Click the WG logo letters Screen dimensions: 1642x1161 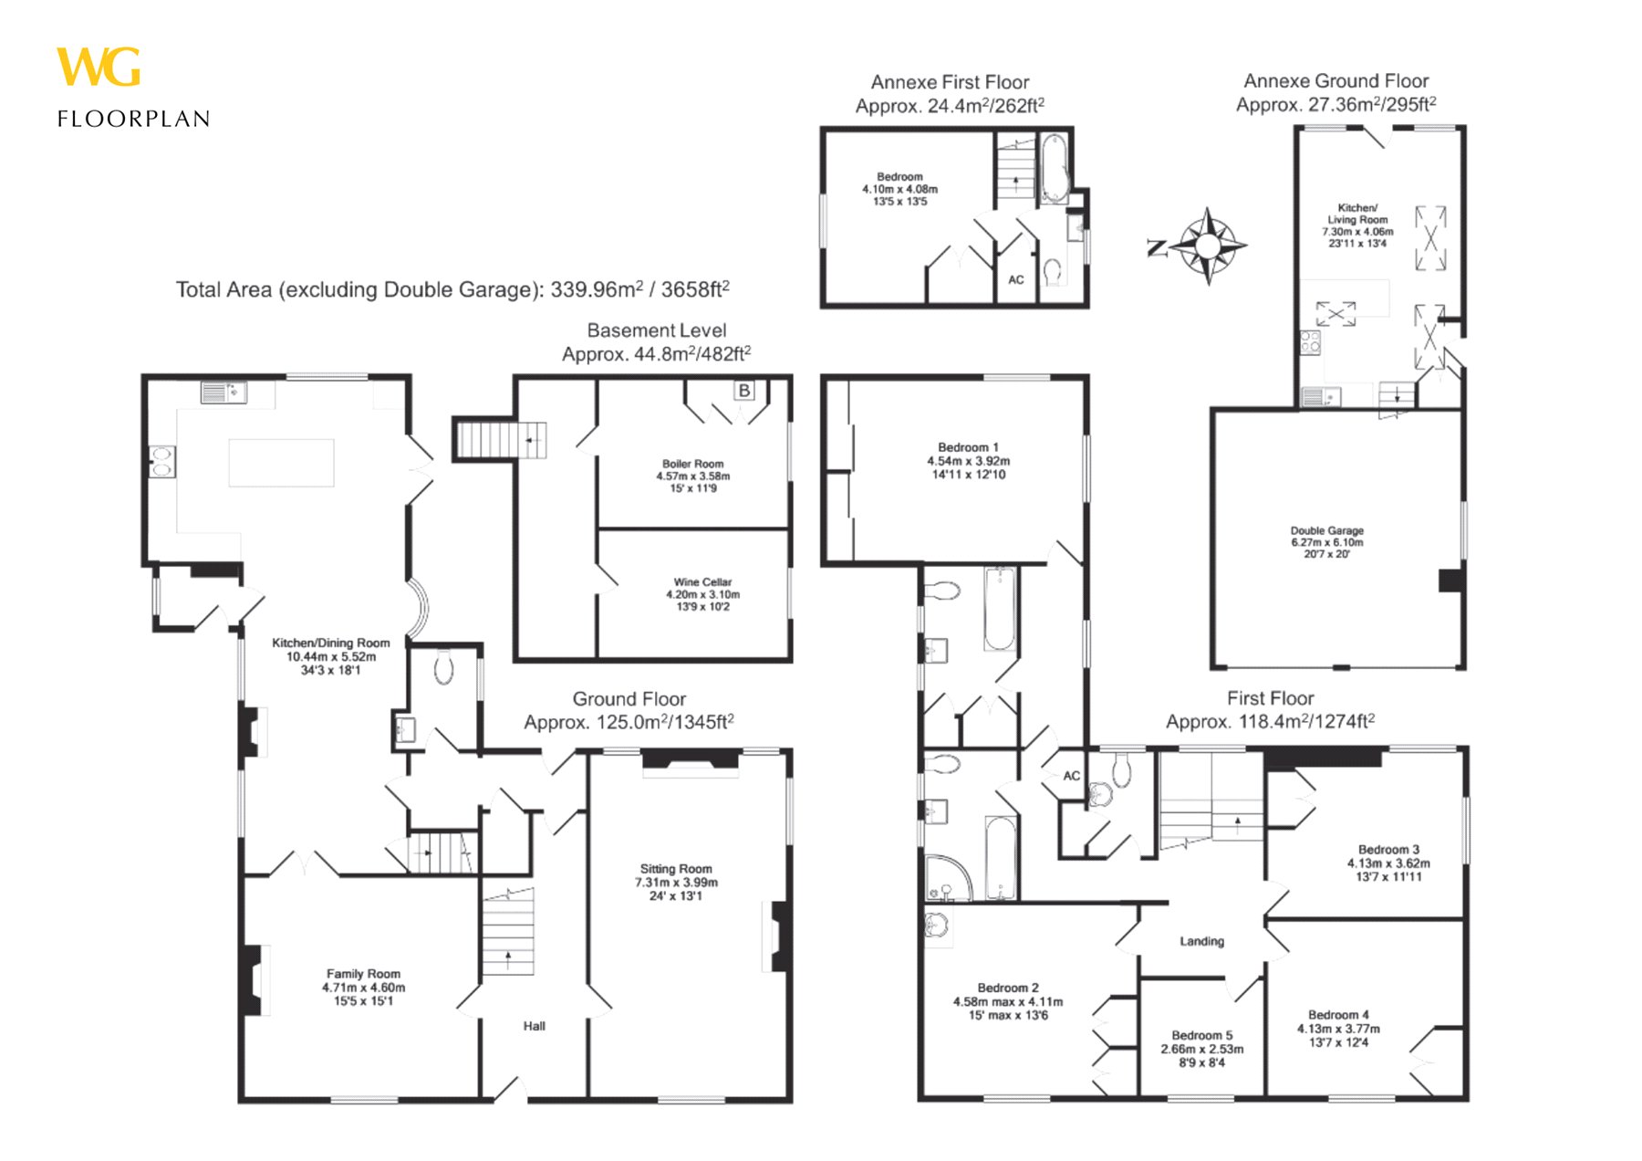click(99, 68)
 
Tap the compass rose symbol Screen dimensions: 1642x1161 click(1207, 246)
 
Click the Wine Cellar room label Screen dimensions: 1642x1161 click(702, 594)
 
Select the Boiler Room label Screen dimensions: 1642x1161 click(693, 476)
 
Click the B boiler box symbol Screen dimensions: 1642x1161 click(744, 391)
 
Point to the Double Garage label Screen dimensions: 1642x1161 click(1326, 542)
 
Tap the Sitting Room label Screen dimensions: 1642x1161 click(676, 882)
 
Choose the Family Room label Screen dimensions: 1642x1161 click(363, 987)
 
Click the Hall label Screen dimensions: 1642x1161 click(535, 1026)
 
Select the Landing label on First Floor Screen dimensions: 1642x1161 click(1201, 941)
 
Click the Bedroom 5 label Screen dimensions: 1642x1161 click(1201, 1049)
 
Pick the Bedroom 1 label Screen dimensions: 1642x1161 click(968, 461)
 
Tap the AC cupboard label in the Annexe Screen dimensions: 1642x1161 click(1016, 280)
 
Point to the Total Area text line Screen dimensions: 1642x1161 click(452, 289)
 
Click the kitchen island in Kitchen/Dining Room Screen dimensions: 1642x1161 click(281, 463)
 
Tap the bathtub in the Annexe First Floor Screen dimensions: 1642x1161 click(1054, 169)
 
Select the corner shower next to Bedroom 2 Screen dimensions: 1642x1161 click(949, 878)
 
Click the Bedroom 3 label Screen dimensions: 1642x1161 click(1388, 863)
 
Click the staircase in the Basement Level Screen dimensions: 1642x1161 click(501, 440)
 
